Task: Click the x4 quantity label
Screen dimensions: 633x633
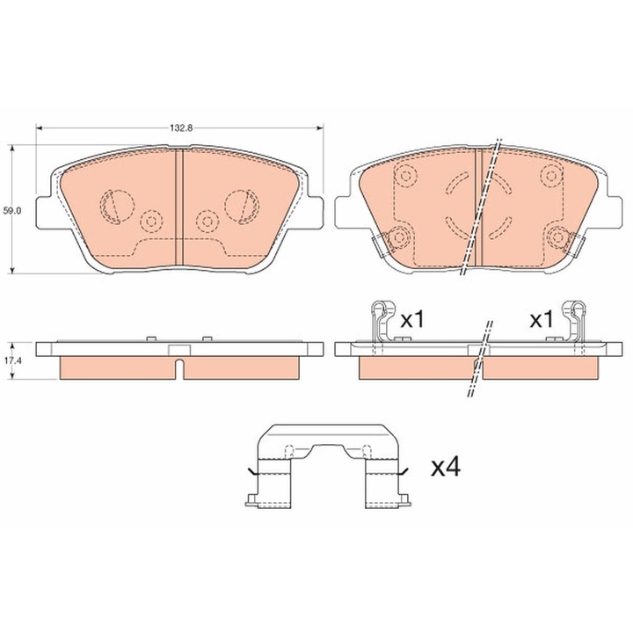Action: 446,469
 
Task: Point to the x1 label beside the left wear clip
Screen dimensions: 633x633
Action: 413,320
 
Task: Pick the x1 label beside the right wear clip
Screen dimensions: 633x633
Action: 542,320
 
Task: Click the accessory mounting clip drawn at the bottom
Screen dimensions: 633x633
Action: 328,465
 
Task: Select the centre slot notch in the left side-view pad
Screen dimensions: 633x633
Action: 179,368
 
